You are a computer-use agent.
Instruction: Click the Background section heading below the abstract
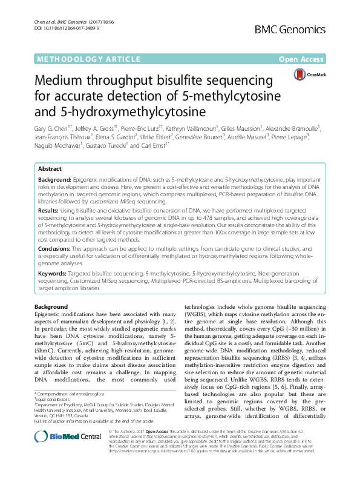(x=51, y=307)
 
